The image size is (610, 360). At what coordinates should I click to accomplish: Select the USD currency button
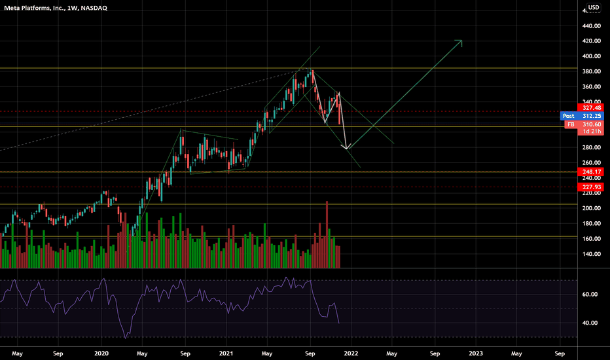(593, 8)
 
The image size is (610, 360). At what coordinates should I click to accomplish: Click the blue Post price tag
(568, 116)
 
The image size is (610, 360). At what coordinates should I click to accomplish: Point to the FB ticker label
(571, 124)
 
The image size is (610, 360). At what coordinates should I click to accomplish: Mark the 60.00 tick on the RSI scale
(590, 295)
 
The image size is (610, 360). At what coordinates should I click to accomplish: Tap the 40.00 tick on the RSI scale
(590, 323)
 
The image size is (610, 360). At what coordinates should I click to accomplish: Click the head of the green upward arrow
(461, 42)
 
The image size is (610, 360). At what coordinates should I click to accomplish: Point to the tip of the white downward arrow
(348, 148)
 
